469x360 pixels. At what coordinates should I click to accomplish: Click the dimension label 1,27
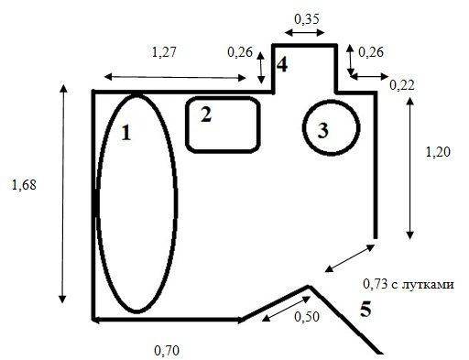(164, 52)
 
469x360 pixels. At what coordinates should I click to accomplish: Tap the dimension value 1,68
(24, 185)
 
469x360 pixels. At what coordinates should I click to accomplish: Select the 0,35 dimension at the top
(307, 19)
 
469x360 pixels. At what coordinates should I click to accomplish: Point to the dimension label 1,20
(438, 152)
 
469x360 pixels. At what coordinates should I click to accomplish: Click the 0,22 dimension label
(402, 85)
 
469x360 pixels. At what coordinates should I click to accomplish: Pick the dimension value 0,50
(307, 317)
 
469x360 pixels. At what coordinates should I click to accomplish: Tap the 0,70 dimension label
(167, 351)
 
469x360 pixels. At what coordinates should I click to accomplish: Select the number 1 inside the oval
(126, 133)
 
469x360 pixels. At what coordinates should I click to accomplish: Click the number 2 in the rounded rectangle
(206, 115)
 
